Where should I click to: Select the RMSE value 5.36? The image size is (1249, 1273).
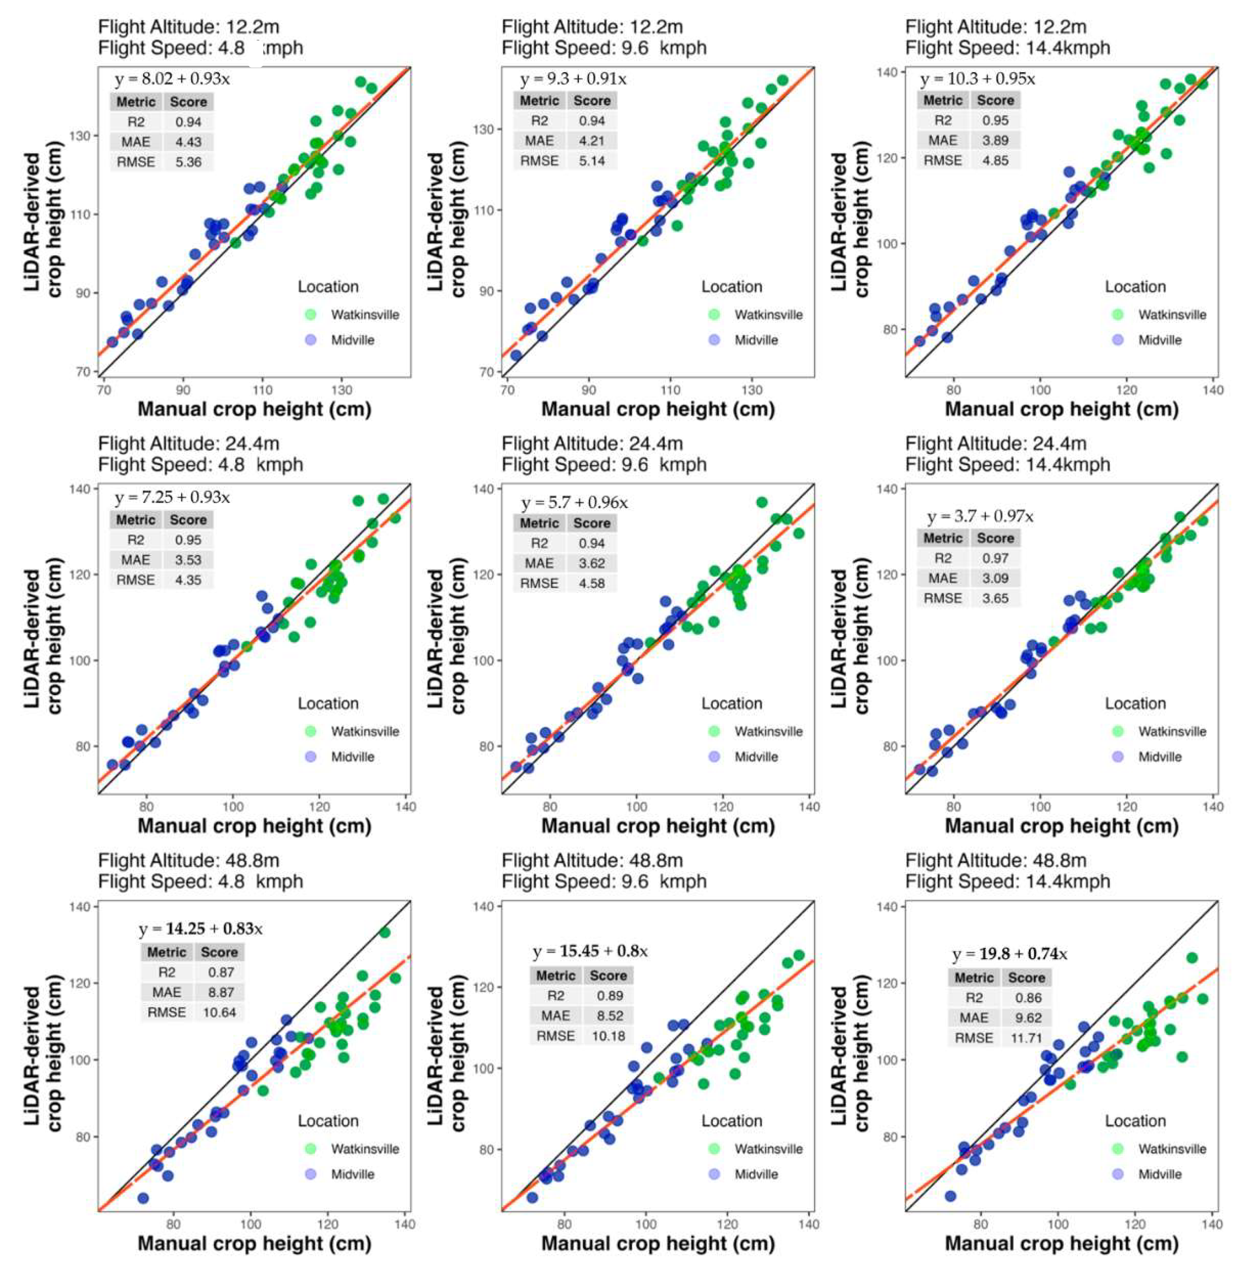(x=188, y=162)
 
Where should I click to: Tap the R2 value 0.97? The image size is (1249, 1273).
(x=995, y=558)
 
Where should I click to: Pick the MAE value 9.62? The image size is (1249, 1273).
(x=1026, y=1018)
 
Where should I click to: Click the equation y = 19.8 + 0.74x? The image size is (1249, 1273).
(x=1009, y=954)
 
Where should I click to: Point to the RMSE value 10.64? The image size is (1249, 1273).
(x=219, y=1012)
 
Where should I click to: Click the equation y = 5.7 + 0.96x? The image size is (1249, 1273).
(x=575, y=503)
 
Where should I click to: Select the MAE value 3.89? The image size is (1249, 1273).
(x=995, y=140)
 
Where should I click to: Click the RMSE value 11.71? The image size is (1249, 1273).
(x=1026, y=1038)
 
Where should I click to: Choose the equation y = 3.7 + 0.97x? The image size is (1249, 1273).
(x=980, y=517)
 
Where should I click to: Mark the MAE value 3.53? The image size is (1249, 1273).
(x=188, y=560)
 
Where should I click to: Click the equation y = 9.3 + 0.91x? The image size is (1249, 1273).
(x=573, y=80)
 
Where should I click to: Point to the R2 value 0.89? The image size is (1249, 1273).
(x=609, y=996)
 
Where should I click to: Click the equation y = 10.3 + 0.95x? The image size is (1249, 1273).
(x=977, y=80)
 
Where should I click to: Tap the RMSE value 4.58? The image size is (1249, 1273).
(x=592, y=583)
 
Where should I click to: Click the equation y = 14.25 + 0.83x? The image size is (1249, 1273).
(x=200, y=929)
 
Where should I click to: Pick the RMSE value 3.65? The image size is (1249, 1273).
(x=995, y=598)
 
